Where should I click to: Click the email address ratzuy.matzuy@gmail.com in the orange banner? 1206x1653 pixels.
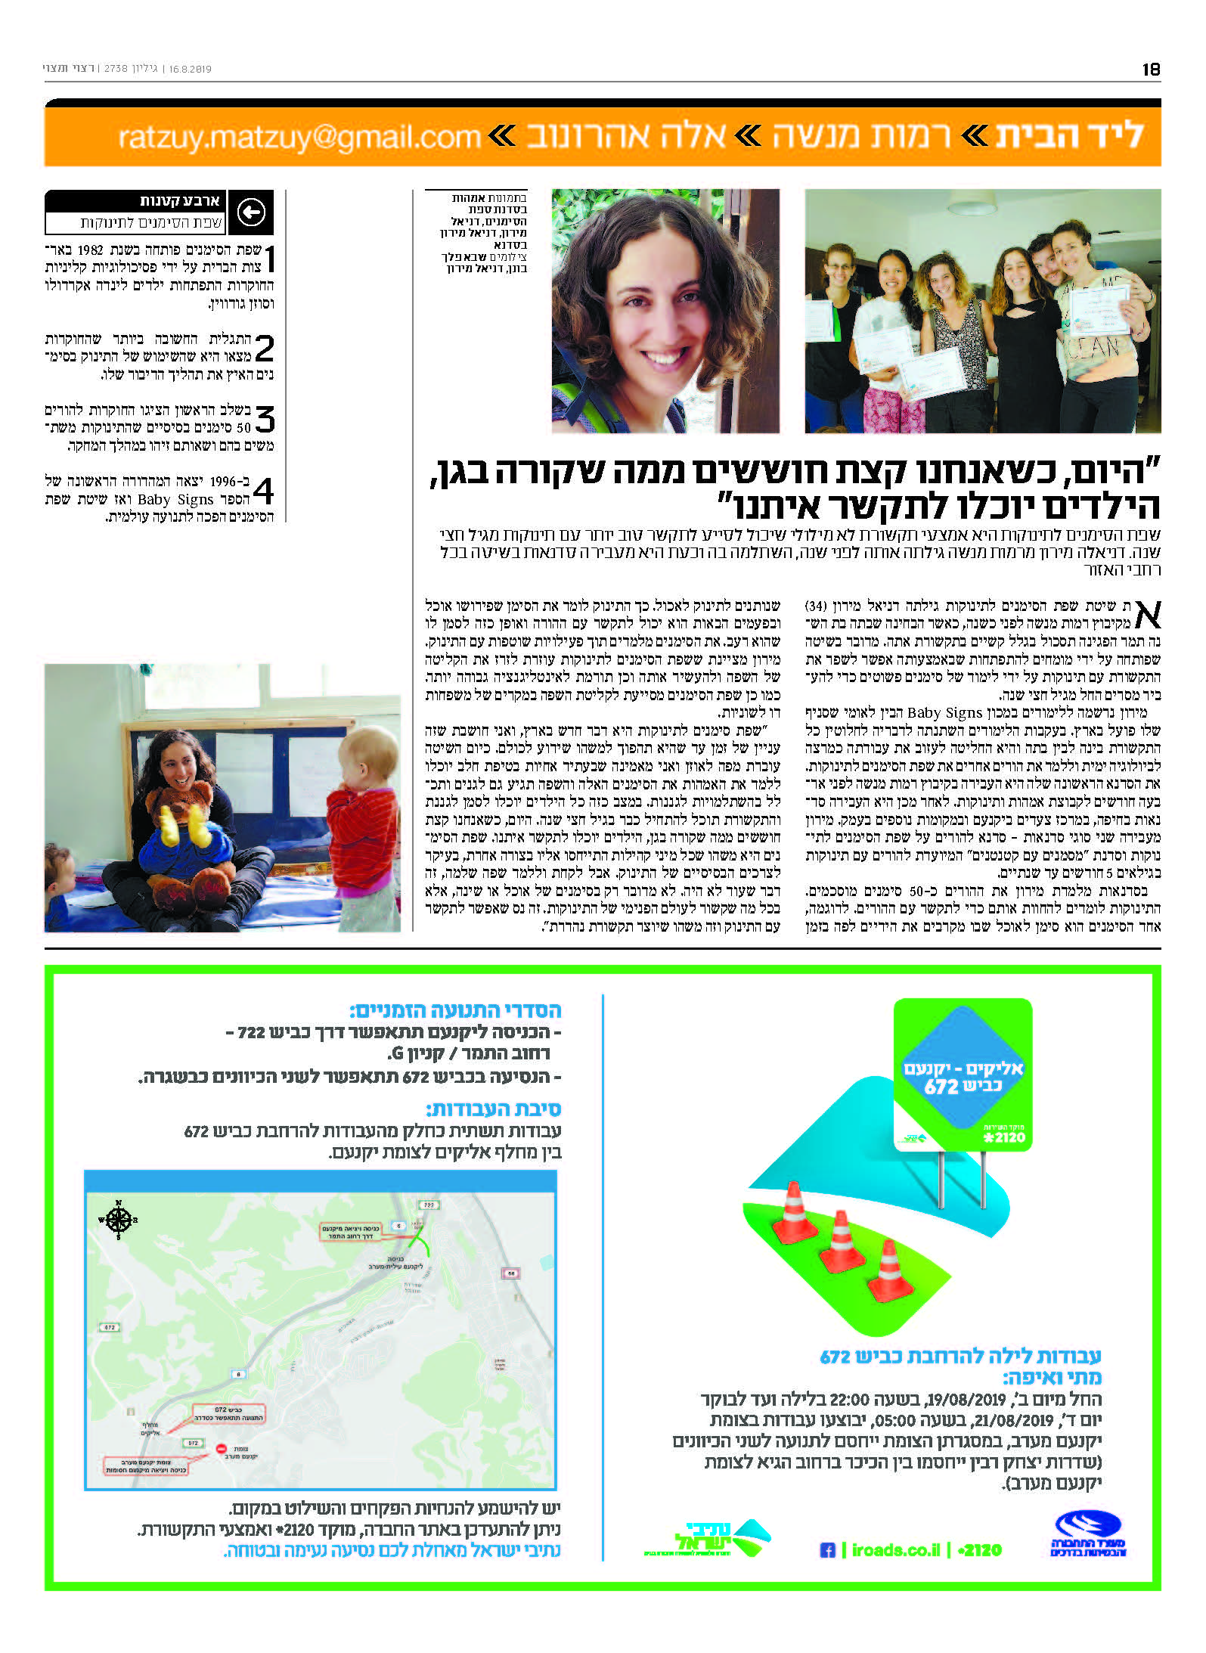pyautogui.click(x=299, y=137)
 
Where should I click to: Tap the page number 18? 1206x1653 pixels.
pyautogui.click(x=1150, y=70)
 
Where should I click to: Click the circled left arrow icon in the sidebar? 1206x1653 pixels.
pyautogui.click(x=251, y=212)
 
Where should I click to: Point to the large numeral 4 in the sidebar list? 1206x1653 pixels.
pyautogui.click(x=264, y=491)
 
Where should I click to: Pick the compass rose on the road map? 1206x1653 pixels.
pyautogui.click(x=117, y=1220)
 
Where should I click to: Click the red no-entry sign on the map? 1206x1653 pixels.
pyautogui.click(x=222, y=1450)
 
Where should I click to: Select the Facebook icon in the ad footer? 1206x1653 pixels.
pyautogui.click(x=827, y=1550)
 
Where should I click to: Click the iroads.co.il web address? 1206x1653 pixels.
pyautogui.click(x=896, y=1550)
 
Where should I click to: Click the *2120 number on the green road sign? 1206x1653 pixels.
pyautogui.click(x=1004, y=1137)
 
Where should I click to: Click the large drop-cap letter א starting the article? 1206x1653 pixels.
pyautogui.click(x=1147, y=615)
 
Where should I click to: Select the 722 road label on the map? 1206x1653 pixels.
pyautogui.click(x=429, y=1205)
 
